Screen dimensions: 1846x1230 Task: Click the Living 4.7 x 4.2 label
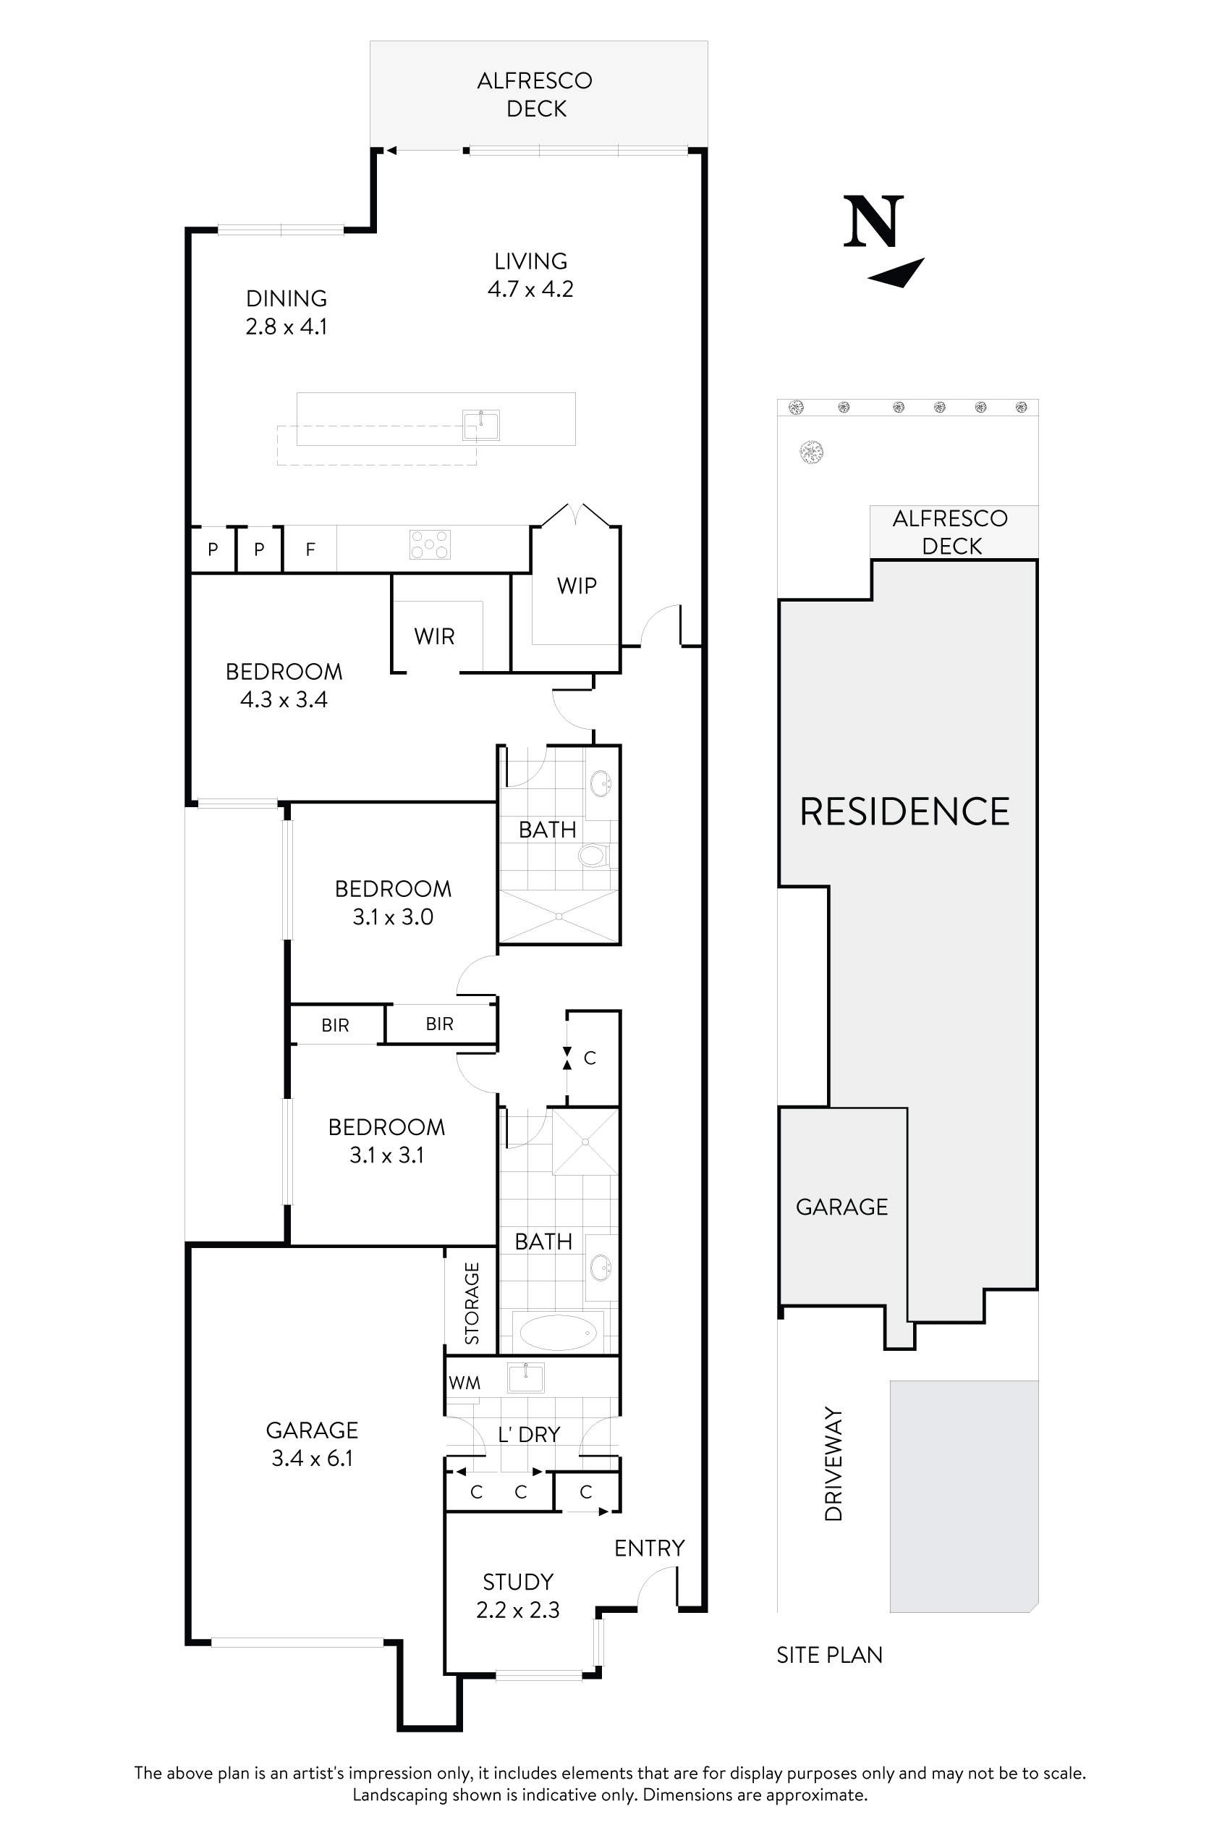point(530,274)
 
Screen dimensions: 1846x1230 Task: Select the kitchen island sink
point(480,426)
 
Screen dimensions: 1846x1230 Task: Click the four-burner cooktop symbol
point(430,544)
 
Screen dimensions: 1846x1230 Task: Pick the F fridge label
point(310,549)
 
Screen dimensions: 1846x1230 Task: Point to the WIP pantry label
point(577,586)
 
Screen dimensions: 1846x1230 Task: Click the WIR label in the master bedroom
point(434,636)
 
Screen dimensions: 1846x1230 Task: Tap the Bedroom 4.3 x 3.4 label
point(283,685)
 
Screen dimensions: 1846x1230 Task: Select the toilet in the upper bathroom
point(593,855)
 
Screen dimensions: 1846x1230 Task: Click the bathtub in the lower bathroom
point(558,1332)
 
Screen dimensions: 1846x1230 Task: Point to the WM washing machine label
point(465,1383)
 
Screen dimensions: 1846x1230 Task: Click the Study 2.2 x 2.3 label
point(518,1596)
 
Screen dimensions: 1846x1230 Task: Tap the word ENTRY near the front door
point(649,1548)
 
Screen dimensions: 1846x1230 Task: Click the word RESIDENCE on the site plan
point(904,812)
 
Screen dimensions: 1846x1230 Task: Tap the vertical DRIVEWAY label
point(833,1464)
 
